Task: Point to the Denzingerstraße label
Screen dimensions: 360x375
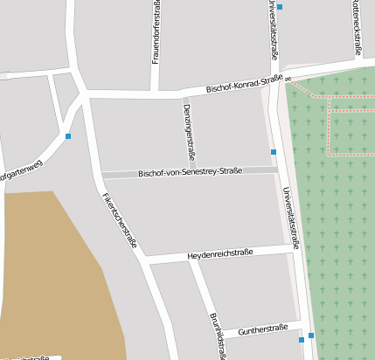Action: [x=187, y=125]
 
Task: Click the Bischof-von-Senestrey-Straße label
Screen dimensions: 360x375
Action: [x=190, y=172]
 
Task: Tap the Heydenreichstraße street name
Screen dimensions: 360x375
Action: [x=219, y=254]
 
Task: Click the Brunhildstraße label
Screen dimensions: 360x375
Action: [x=218, y=334]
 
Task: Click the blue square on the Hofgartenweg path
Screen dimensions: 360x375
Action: [x=68, y=136]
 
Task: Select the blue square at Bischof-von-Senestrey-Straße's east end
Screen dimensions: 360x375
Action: [x=274, y=152]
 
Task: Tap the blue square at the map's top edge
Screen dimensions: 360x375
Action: [x=280, y=7]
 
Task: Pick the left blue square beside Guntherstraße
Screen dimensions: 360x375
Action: [x=302, y=339]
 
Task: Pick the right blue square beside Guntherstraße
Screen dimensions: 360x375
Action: [x=311, y=336]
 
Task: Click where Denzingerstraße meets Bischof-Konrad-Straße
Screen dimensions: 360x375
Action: [x=181, y=93]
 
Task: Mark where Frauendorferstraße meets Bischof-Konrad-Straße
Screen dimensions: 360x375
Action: [x=155, y=91]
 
